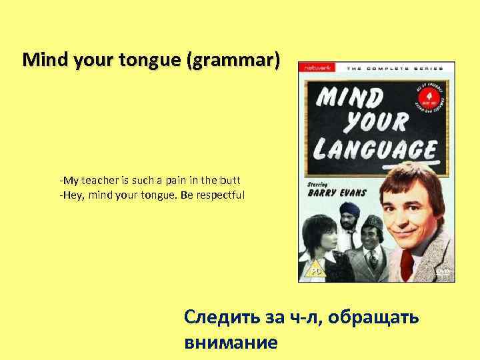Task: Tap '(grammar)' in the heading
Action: pyautogui.click(x=233, y=61)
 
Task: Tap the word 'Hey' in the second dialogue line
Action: pyautogui.click(x=71, y=195)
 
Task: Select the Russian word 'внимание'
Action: pyautogui.click(x=229, y=343)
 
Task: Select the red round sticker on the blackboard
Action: pyautogui.click(x=429, y=99)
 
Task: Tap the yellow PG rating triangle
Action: pyautogui.click(x=313, y=271)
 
